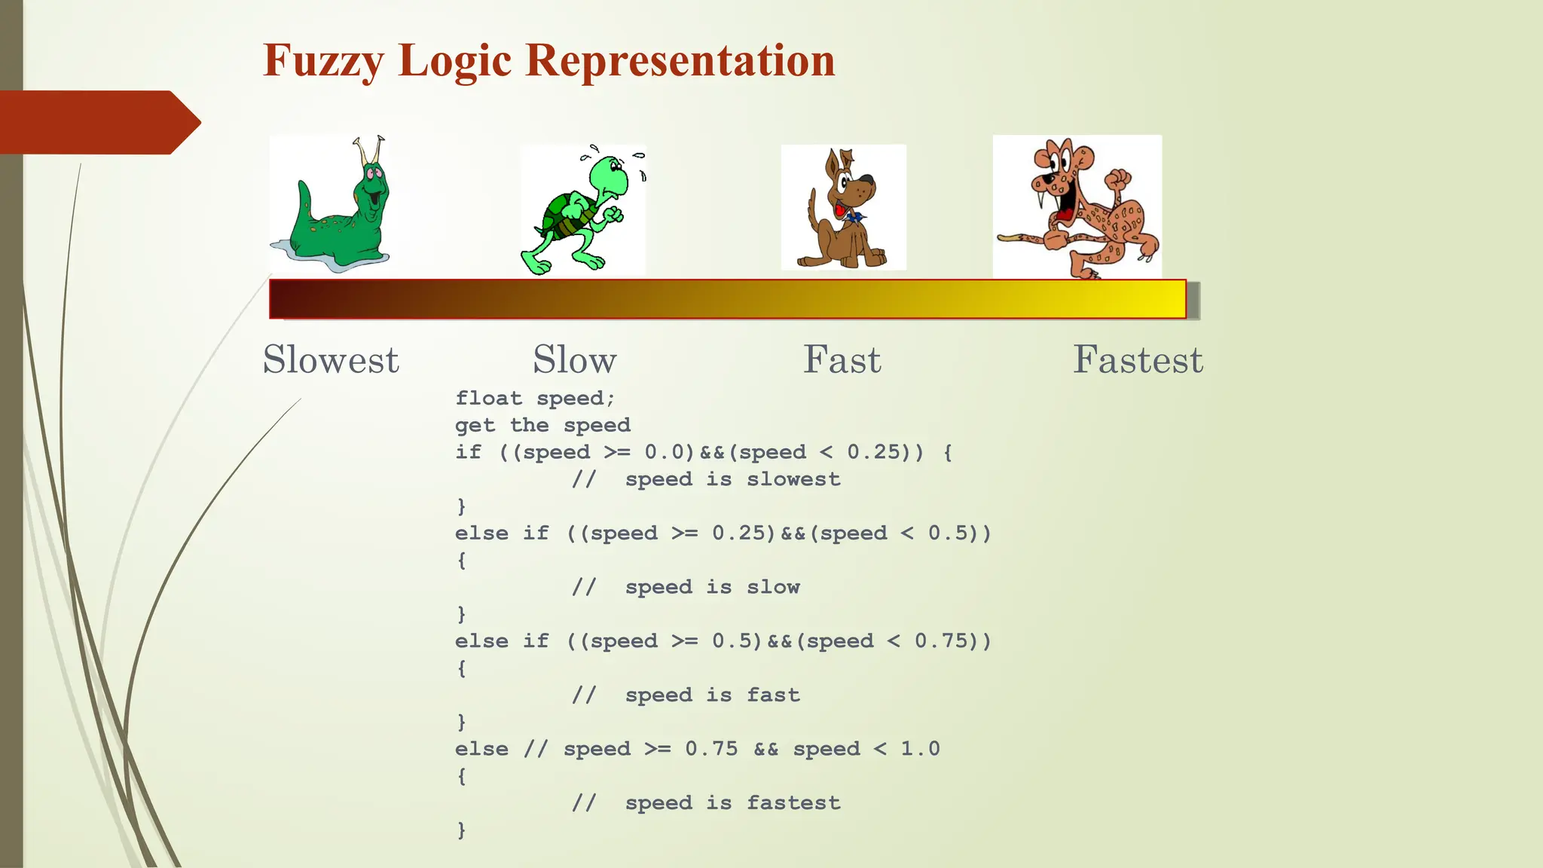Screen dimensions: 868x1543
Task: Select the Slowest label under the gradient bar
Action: coord(331,359)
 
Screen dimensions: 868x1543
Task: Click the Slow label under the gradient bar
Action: coord(575,359)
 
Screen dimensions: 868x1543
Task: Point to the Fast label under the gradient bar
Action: coord(842,359)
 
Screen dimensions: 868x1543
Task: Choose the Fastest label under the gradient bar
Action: coord(1138,359)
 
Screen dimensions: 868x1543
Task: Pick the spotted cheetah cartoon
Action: coord(1077,207)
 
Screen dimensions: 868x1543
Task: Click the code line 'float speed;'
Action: coord(535,398)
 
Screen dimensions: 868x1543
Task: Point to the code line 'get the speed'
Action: coord(542,425)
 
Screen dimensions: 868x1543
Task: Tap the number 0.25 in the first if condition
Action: coord(874,452)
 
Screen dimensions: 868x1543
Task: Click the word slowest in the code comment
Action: coord(793,479)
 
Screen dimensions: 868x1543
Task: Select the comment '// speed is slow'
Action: coord(686,587)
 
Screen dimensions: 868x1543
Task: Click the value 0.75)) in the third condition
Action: coord(952,641)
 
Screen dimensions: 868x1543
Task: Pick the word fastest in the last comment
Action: coord(793,803)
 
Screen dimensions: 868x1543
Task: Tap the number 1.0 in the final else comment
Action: coord(920,749)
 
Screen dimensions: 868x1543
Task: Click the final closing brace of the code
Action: coord(461,830)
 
